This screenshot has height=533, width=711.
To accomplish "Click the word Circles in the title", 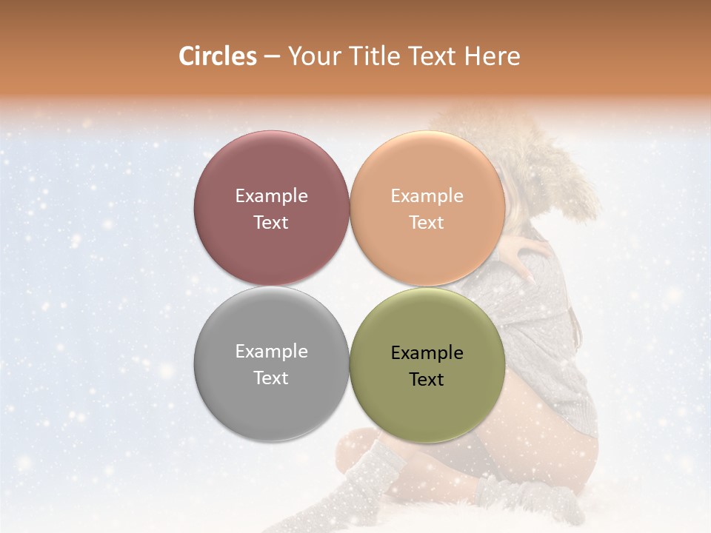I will point(217,56).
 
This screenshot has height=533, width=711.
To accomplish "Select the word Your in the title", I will point(311,56).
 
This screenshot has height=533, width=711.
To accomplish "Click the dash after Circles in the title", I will point(272,57).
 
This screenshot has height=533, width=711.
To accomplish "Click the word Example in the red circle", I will point(271,196).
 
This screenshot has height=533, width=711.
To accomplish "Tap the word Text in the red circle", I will point(271,222).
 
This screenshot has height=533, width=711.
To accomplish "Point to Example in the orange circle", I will point(427,196).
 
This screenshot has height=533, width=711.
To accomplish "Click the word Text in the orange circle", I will point(427,222).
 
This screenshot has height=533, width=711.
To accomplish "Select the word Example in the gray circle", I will point(271,352).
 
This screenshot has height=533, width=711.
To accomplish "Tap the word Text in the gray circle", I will point(271,378).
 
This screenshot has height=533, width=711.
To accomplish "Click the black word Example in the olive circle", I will point(427,353).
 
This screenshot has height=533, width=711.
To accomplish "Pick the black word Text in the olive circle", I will point(427,379).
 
